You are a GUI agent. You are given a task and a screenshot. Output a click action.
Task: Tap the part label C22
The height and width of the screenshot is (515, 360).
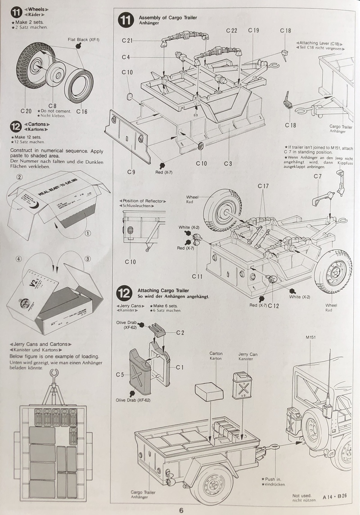[231, 30]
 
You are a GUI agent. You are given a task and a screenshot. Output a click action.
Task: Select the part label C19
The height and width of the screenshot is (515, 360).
[253, 30]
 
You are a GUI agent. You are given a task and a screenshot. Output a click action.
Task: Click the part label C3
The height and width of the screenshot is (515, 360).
[228, 163]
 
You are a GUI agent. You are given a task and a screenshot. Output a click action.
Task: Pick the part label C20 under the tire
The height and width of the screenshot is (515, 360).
[26, 111]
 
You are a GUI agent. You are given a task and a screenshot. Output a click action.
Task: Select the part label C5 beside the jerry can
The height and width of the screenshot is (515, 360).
[119, 374]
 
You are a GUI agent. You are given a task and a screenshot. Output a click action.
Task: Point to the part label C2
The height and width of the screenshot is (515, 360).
[180, 332]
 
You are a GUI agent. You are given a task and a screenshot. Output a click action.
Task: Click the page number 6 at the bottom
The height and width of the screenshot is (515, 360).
[180, 510]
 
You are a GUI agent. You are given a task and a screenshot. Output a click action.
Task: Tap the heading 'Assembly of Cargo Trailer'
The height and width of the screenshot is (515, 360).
[167, 18]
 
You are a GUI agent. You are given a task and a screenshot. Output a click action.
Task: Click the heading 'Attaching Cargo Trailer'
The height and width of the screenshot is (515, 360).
[163, 291]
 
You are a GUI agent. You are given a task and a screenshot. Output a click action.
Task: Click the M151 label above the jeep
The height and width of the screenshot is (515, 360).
[311, 338]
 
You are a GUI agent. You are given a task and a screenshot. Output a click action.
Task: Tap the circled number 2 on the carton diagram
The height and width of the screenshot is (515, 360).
[20, 177]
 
